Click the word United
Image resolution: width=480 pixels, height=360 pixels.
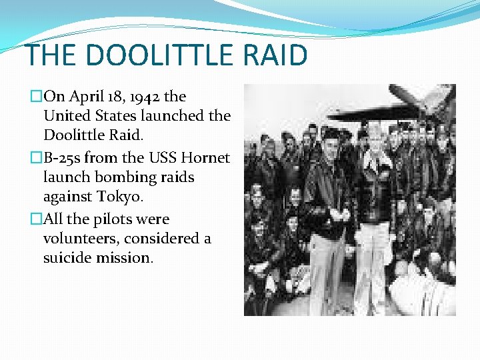click(67, 115)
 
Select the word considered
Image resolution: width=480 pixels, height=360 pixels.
click(162, 238)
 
